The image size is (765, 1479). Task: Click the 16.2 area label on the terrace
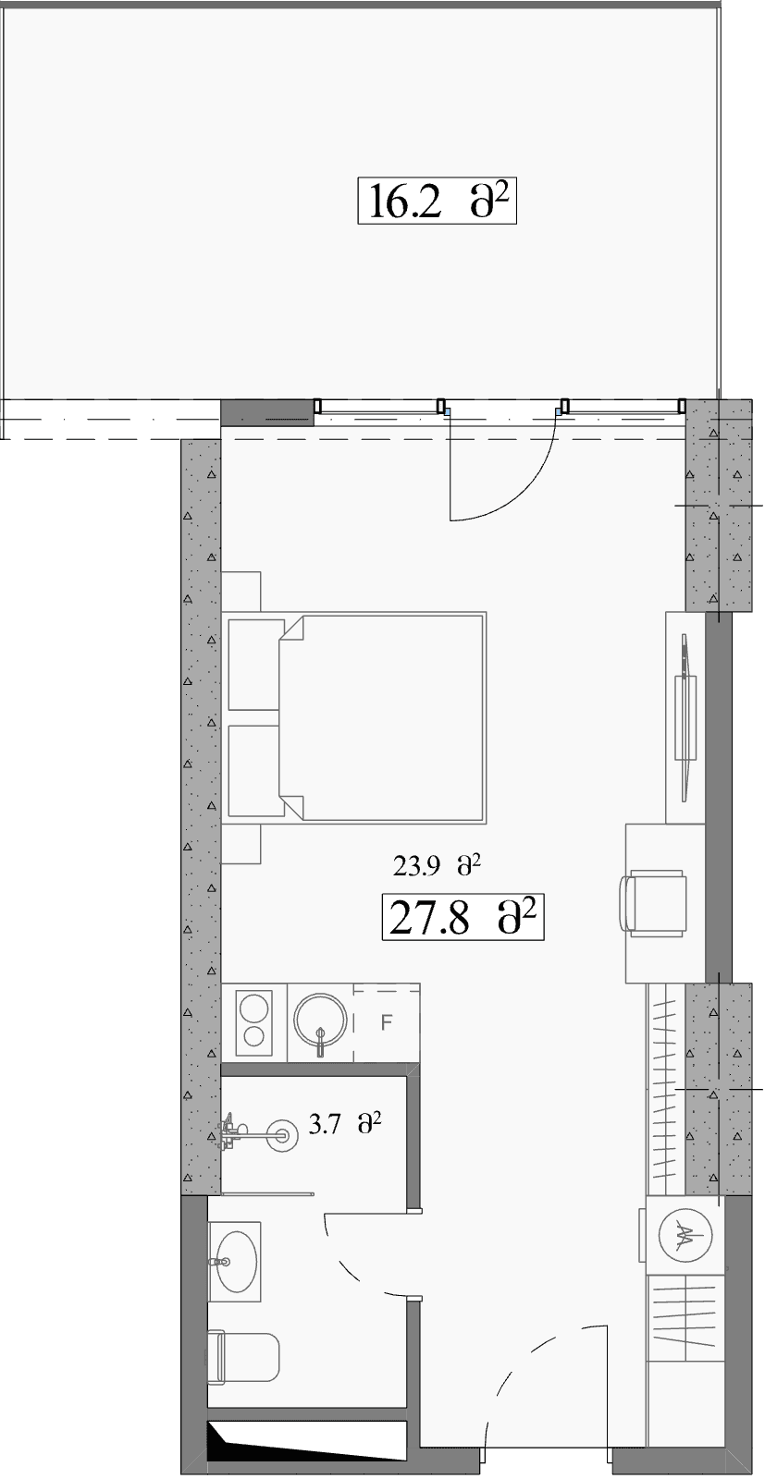click(437, 201)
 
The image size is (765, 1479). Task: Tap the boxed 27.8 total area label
click(463, 916)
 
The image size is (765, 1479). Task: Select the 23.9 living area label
click(436, 865)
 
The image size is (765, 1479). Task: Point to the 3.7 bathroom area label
click(346, 1123)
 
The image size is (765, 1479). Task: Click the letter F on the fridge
click(387, 1022)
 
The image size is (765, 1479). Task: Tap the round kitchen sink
click(320, 1021)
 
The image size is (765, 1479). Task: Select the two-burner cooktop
click(253, 1021)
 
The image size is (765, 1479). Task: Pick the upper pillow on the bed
click(253, 665)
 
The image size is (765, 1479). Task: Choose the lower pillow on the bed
click(253, 771)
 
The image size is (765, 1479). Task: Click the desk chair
click(653, 902)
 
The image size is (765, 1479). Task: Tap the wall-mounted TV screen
click(685, 717)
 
